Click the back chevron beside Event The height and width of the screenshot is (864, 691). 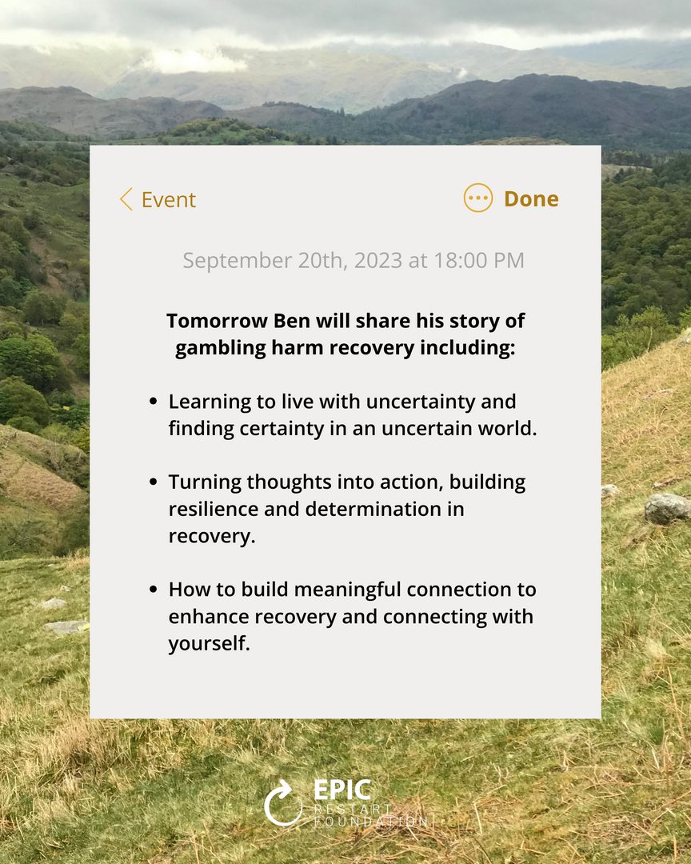click(126, 199)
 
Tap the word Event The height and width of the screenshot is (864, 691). click(169, 200)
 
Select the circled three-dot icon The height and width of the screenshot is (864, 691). click(478, 198)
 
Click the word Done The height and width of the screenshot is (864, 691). click(531, 198)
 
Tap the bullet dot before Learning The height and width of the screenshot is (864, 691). click(153, 402)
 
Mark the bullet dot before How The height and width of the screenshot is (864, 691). click(153, 590)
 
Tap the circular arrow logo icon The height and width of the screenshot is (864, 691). click(283, 802)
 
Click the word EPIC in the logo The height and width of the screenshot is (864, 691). click(342, 790)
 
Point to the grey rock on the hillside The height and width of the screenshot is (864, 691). click(666, 507)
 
